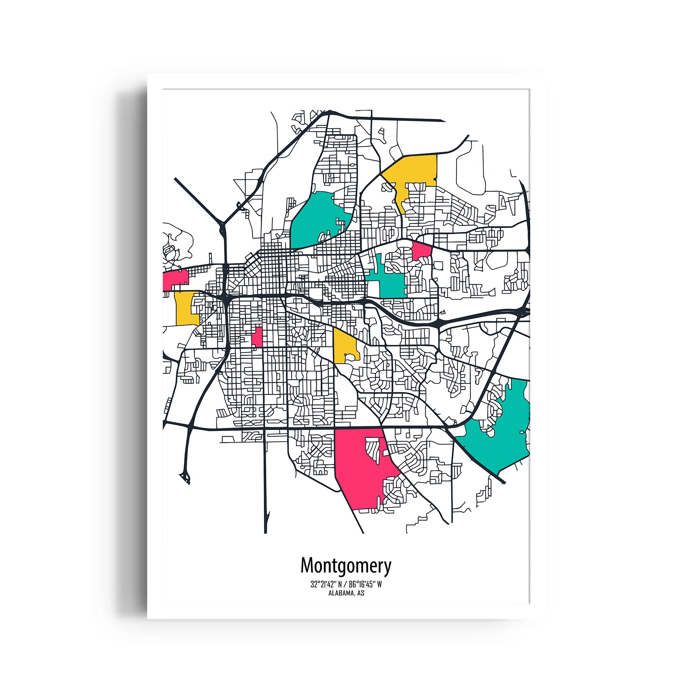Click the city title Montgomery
coord(346,565)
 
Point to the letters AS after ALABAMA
coord(361,593)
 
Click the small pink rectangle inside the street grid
coord(257,337)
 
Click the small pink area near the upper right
coord(422,251)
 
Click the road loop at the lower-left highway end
coord(185,476)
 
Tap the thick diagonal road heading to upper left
coord(197,199)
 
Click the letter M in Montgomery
coord(307,565)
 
